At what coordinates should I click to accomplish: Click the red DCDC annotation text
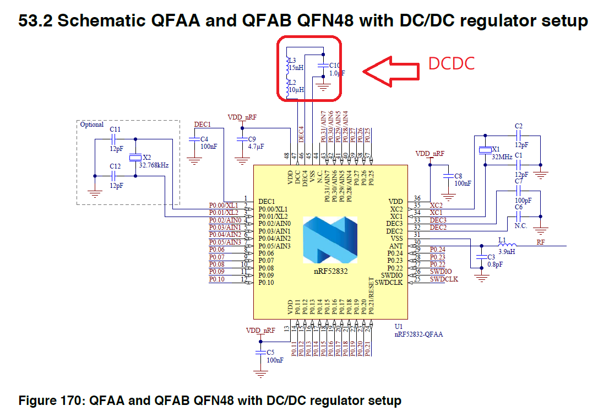[x=452, y=63]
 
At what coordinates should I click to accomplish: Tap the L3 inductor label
[x=292, y=60]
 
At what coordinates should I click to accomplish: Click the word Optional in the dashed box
[x=92, y=125]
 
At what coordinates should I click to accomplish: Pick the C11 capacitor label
[x=115, y=129]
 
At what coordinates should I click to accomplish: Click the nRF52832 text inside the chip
[x=330, y=272]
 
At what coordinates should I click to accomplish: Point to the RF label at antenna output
[x=541, y=242]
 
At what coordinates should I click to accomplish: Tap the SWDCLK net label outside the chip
[x=444, y=279]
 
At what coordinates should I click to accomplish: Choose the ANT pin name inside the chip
[x=396, y=246]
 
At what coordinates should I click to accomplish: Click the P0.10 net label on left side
[x=216, y=279]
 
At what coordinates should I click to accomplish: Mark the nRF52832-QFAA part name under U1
[x=418, y=334]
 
